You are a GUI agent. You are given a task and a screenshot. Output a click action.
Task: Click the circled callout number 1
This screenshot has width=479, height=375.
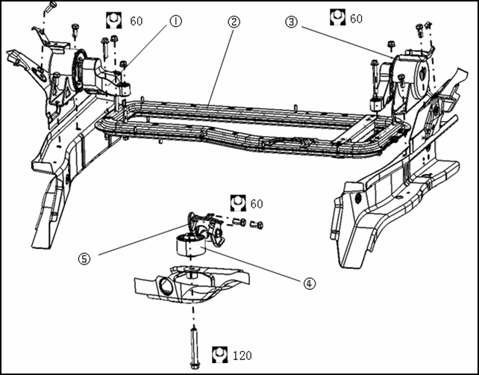tap(175, 22)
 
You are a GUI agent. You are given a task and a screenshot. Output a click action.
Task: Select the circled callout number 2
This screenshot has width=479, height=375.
tap(234, 22)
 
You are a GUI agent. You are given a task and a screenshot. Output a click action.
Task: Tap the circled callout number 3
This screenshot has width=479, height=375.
tap(291, 22)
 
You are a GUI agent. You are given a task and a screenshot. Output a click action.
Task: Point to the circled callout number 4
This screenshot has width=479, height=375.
tap(309, 284)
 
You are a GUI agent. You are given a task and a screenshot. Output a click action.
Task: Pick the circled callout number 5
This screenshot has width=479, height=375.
tap(84, 258)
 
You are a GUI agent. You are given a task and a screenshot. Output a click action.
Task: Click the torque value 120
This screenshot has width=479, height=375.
tap(242, 356)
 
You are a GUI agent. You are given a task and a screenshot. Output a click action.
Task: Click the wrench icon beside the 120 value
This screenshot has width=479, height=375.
tap(219, 355)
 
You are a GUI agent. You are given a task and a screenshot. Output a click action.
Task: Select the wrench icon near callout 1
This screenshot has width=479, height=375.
tap(113, 20)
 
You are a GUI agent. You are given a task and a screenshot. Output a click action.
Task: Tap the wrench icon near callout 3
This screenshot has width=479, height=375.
tap(337, 17)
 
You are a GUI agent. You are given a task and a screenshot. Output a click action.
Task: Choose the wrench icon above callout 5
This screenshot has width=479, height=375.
tap(238, 202)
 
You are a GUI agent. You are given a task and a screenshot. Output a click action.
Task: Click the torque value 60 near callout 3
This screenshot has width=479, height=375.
tap(356, 19)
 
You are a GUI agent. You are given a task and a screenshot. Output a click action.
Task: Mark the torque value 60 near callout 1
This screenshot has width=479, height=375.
tap(137, 22)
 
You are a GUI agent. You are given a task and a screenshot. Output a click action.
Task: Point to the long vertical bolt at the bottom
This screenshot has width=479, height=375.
tap(194, 348)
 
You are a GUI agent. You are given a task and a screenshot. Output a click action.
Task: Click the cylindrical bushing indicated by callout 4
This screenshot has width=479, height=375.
tap(190, 244)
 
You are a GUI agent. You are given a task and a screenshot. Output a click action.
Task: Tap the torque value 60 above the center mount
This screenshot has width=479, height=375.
tap(257, 204)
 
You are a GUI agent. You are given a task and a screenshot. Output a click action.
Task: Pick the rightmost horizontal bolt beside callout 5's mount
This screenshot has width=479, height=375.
tap(257, 225)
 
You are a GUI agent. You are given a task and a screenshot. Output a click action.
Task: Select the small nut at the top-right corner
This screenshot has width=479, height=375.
tap(429, 25)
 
